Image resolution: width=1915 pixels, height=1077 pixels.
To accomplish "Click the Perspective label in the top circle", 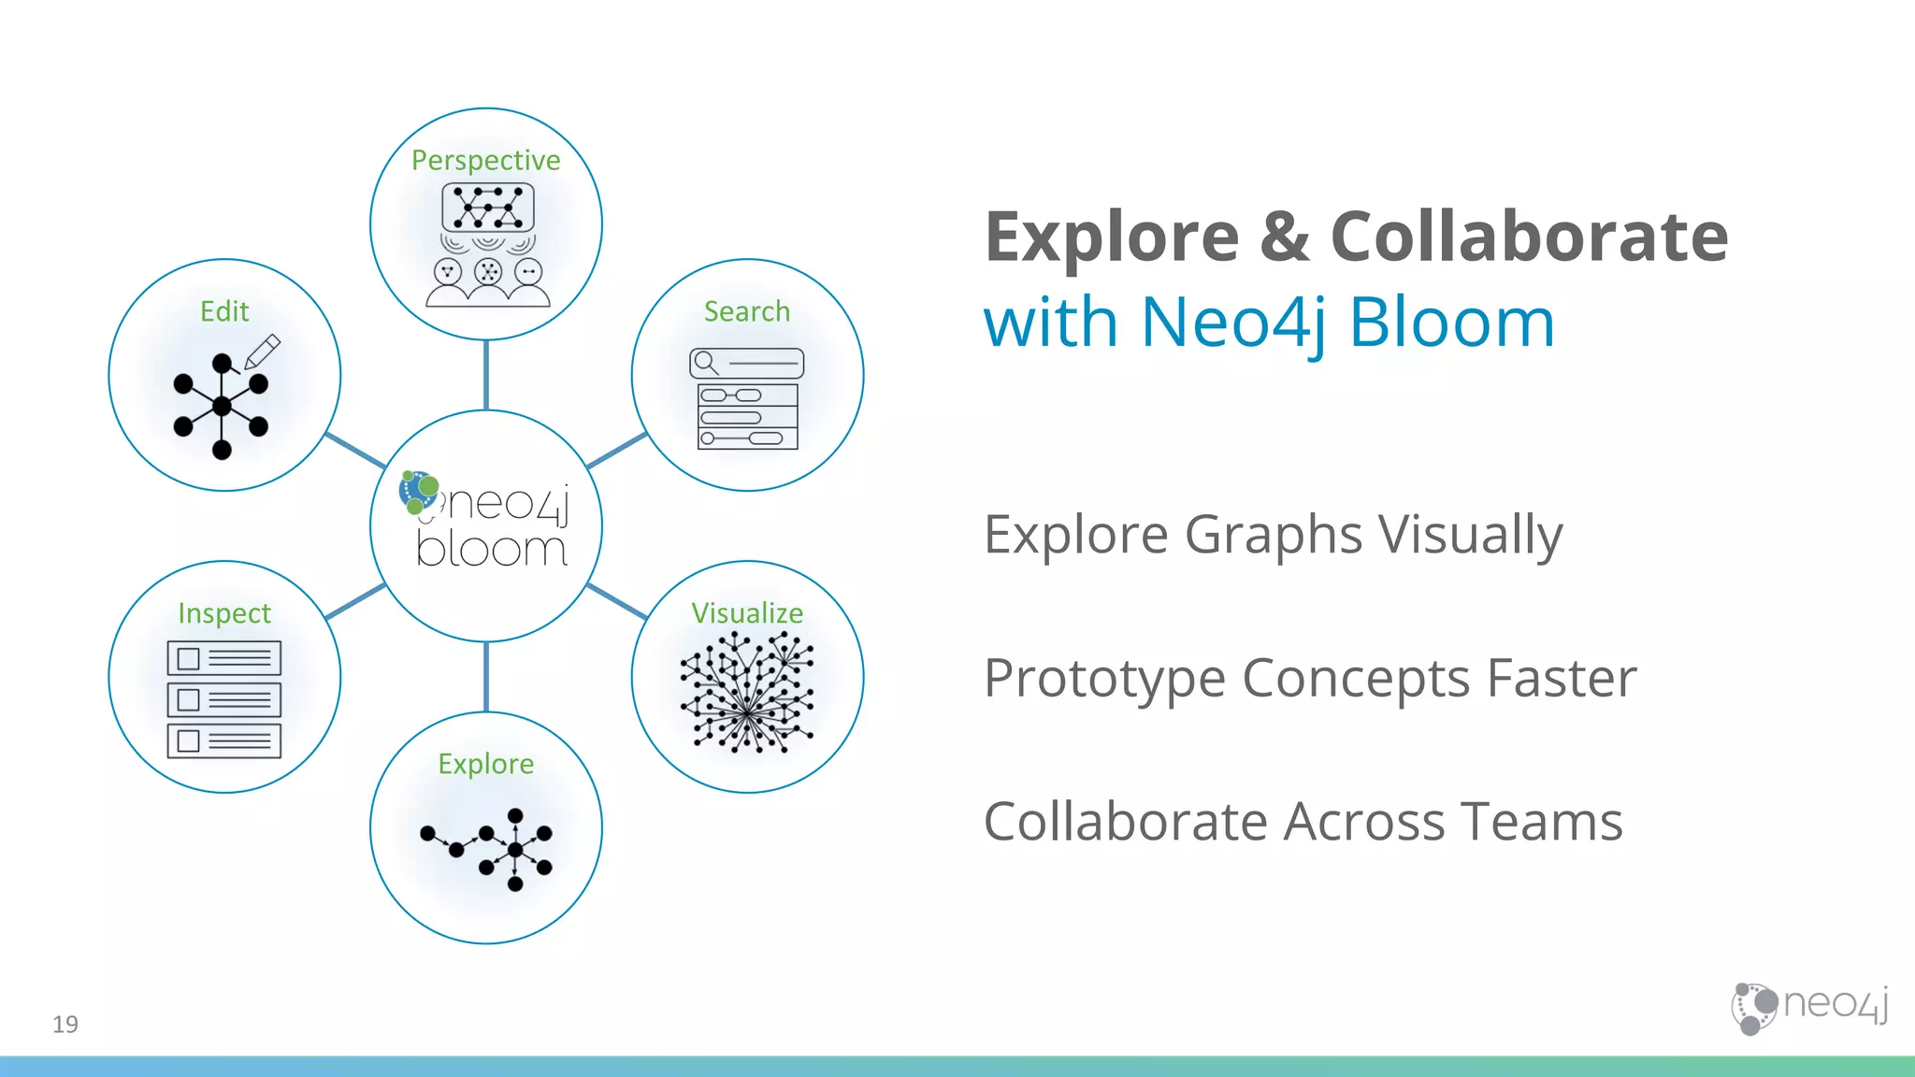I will pos(485,161).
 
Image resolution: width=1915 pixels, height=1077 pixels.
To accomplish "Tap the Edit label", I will pos(224,311).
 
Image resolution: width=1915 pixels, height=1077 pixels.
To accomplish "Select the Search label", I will pos(747,311).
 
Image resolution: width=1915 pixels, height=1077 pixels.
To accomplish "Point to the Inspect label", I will pos(224,613).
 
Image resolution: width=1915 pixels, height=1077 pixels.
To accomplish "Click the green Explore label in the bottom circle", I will pos(485,764).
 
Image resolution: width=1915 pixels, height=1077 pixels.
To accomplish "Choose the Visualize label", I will pos(747,613).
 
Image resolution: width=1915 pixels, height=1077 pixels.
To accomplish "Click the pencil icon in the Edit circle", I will pos(263,352).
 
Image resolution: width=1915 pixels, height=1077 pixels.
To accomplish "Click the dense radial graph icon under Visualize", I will pos(747,692).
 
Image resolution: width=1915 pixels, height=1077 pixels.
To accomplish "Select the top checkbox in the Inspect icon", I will pos(189,658).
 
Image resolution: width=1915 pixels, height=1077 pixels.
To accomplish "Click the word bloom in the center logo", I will pos(492,550).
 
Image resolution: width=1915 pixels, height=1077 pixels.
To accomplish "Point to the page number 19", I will pos(65,1025).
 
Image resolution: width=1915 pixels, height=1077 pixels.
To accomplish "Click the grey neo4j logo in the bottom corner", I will pos(1809,1008).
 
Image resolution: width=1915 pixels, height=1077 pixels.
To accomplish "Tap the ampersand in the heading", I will pos(1284,237).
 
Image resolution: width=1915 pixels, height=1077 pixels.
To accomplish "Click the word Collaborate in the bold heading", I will pos(1529,237).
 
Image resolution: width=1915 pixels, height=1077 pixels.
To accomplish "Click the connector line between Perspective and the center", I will pos(486,375).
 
